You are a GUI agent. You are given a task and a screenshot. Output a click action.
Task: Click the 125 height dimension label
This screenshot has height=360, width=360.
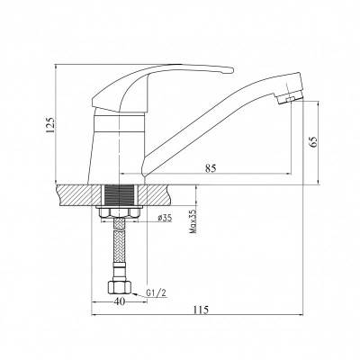(50, 125)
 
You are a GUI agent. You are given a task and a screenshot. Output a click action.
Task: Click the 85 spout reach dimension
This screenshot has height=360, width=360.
(211, 168)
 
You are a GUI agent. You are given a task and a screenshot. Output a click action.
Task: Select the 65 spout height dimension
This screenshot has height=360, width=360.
(312, 142)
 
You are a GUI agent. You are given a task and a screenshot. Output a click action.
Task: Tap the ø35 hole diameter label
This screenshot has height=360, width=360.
(165, 218)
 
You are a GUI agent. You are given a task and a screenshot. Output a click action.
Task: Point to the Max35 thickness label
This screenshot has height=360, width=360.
(193, 221)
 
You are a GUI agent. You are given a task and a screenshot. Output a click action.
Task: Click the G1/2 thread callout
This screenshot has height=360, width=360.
(156, 292)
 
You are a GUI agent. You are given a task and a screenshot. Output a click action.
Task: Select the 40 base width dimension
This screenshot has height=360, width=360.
(119, 301)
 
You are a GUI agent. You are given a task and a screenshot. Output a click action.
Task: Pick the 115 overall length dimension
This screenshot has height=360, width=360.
(201, 310)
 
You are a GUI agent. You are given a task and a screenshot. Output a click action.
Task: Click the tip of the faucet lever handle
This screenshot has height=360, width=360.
(232, 70)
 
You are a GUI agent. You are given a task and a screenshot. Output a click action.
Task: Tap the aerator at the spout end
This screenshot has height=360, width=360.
(291, 98)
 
